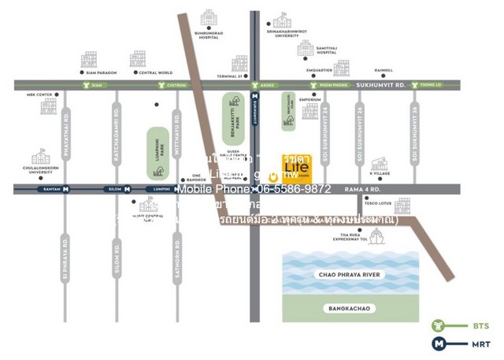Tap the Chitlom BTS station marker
162,85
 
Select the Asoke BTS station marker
254,85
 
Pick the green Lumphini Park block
157,152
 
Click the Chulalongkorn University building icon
39,157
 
